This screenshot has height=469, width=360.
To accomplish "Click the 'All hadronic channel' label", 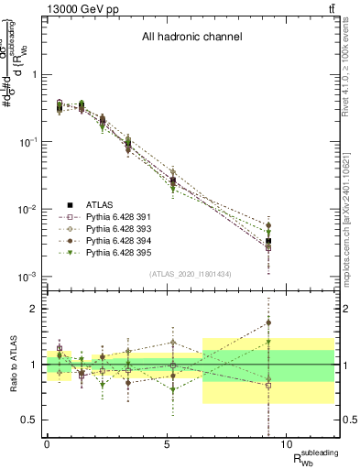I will tap(191, 38).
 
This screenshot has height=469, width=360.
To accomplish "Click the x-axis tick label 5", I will tap(167, 442).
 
